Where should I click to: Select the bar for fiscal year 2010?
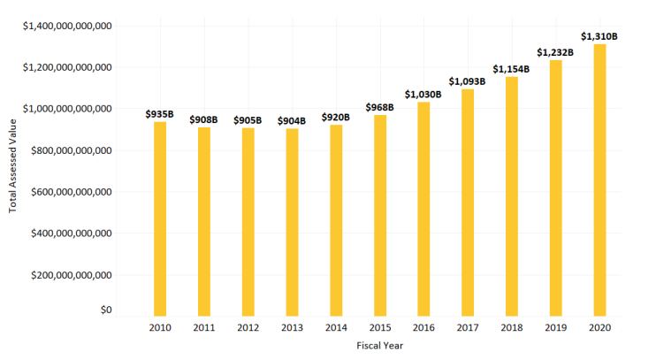coord(160,218)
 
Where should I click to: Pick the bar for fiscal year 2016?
coord(423,209)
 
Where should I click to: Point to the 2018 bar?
coord(512,195)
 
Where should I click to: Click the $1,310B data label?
coord(599,36)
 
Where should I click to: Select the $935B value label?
coord(160,114)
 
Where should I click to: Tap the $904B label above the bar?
coord(292,121)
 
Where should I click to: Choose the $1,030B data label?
coord(423,95)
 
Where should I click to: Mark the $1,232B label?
coord(555,52)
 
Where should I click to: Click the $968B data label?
coord(379,108)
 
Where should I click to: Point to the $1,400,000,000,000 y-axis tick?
coord(67,26)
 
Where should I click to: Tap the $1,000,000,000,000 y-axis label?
coord(67,109)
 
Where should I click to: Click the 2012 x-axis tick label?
coord(248,327)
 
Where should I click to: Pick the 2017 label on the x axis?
coord(468,327)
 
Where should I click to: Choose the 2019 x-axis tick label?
coord(555,327)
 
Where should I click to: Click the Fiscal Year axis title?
coord(379,346)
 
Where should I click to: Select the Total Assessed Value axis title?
coord(12,168)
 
